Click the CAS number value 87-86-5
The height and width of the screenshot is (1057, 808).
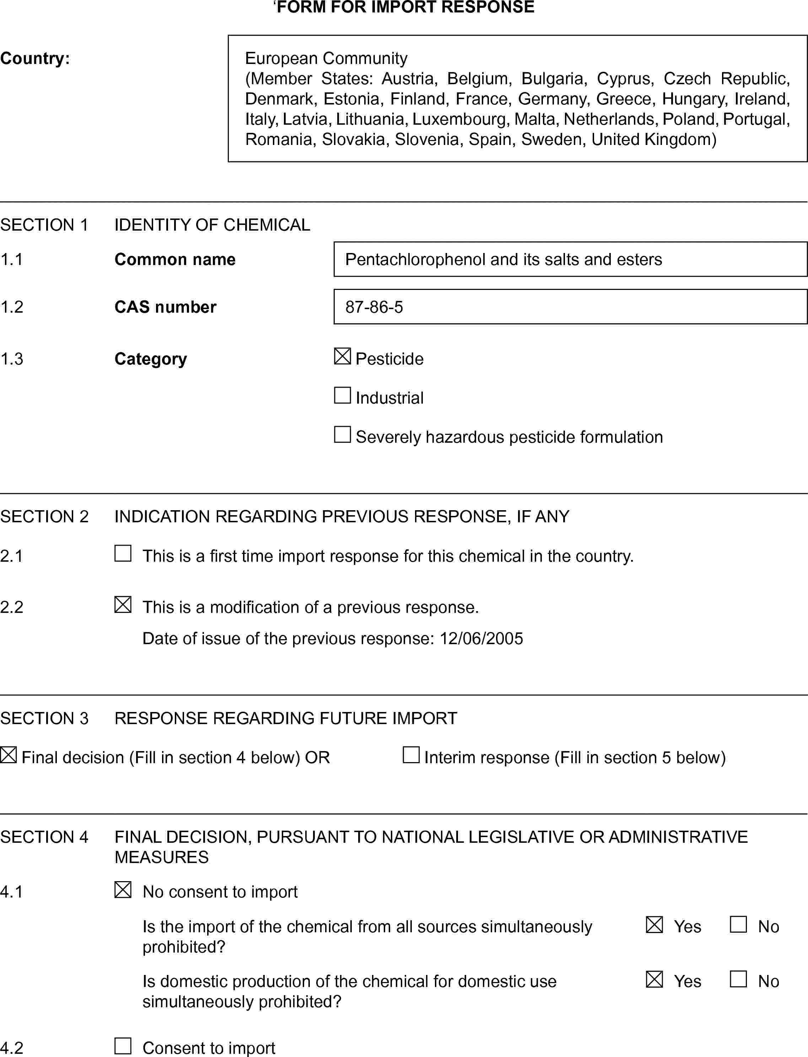[374, 307]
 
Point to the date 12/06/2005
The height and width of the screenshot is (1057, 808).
[481, 638]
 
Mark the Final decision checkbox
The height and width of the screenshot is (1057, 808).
[8, 755]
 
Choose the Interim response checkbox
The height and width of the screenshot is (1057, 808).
[411, 755]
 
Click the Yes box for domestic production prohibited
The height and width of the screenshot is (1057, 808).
[654, 979]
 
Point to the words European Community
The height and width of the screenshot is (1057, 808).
[326, 58]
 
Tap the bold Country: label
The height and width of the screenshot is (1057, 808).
[34, 58]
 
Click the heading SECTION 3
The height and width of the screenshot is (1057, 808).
[44, 718]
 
